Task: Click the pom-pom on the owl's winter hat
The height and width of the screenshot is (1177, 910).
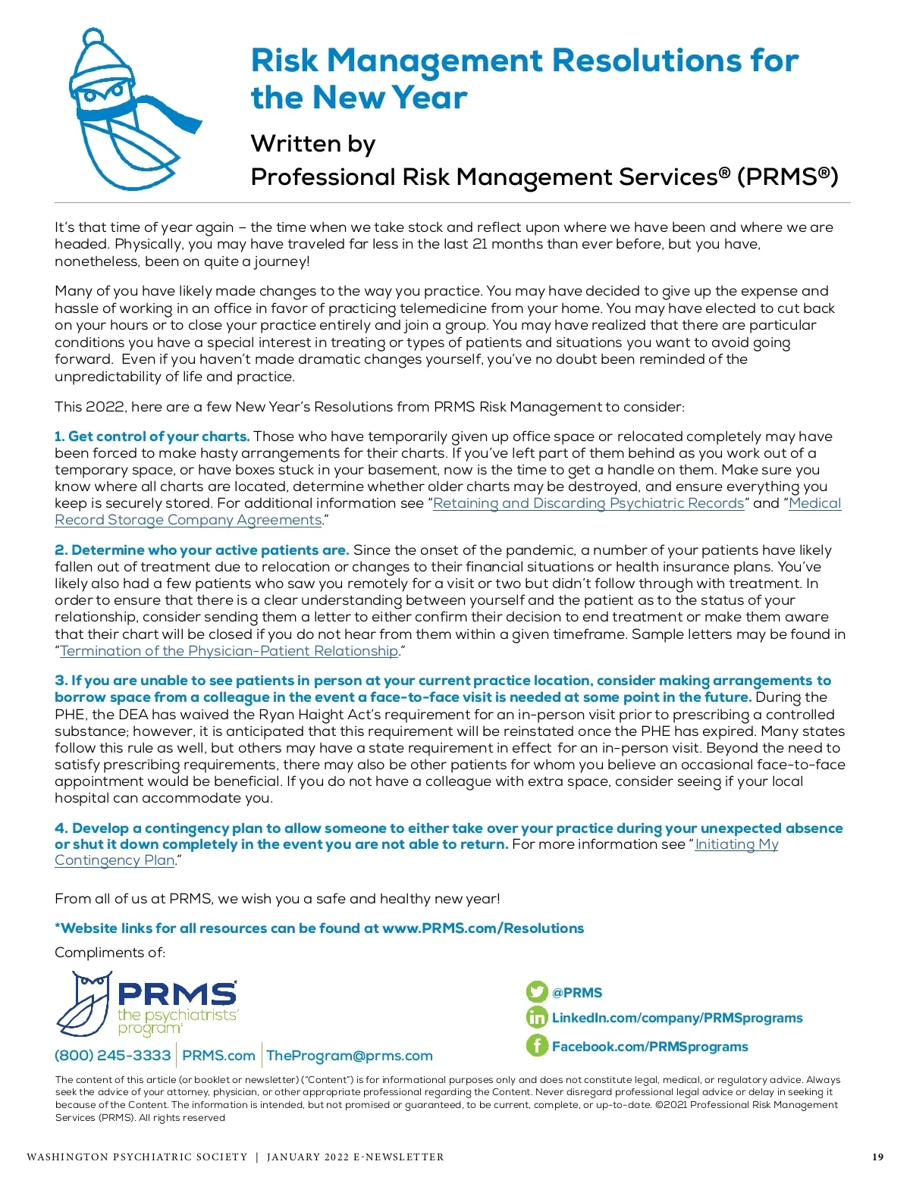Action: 93,37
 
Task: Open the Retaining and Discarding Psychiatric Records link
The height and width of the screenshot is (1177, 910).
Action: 588,503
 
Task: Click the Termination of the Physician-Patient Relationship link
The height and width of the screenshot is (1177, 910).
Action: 229,651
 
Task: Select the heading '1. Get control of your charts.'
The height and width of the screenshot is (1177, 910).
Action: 152,437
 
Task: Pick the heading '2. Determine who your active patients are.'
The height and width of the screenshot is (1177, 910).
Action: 202,550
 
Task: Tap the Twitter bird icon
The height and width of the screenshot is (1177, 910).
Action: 537,992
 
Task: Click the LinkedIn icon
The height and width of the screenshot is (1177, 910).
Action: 537,1018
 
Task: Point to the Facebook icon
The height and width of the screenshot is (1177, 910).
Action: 537,1046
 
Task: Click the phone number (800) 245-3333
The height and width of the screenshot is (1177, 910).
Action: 113,1056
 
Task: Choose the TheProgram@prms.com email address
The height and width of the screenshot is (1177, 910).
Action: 350,1056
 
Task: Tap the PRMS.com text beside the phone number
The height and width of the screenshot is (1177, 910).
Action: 219,1056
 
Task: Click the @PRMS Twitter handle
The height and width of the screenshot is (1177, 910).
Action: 577,993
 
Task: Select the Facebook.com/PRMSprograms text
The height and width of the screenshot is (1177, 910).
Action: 650,1047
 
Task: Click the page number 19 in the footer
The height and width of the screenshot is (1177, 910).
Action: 877,1157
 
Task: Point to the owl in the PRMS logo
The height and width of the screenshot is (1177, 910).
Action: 85,1004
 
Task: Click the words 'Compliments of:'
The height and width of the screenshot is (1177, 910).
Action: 110,953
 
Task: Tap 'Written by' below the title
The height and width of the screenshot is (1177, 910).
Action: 313,144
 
